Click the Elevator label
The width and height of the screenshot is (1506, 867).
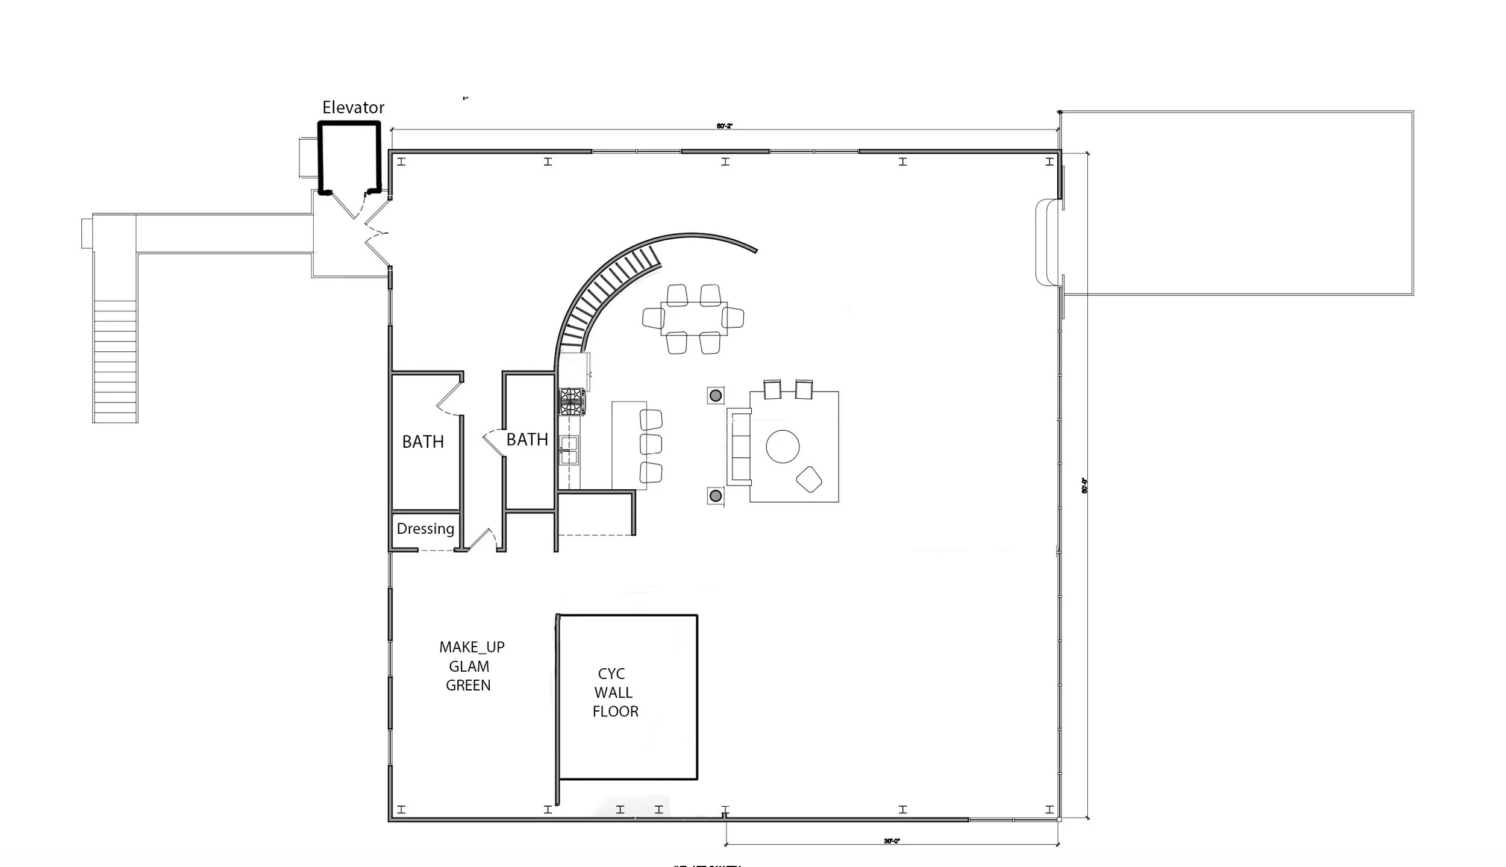pyautogui.click(x=353, y=107)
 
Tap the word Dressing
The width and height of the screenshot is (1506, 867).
pyautogui.click(x=425, y=528)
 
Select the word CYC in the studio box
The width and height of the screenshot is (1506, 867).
pyautogui.click(x=611, y=674)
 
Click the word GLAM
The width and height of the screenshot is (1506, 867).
pyautogui.click(x=469, y=666)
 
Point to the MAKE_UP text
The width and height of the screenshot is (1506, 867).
pyautogui.click(x=472, y=647)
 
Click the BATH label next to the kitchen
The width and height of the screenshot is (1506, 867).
pyautogui.click(x=527, y=440)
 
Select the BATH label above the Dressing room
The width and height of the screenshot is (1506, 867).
pyautogui.click(x=423, y=442)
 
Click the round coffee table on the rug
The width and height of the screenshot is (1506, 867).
pyautogui.click(x=783, y=446)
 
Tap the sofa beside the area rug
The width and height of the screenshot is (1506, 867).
pyautogui.click(x=739, y=446)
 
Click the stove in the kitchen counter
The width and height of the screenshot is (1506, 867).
pyautogui.click(x=572, y=402)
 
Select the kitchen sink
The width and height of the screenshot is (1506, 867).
pyautogui.click(x=569, y=450)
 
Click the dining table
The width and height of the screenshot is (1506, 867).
pyautogui.click(x=693, y=319)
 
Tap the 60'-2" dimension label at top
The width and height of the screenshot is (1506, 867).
pyautogui.click(x=724, y=126)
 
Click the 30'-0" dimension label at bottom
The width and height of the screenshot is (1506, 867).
pyautogui.click(x=892, y=841)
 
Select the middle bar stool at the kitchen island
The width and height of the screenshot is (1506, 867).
pyautogui.click(x=651, y=444)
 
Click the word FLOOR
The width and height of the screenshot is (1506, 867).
pyautogui.click(x=615, y=712)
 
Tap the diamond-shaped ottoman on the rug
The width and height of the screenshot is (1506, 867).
pyautogui.click(x=808, y=479)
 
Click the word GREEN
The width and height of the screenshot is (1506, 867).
pyautogui.click(x=468, y=685)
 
